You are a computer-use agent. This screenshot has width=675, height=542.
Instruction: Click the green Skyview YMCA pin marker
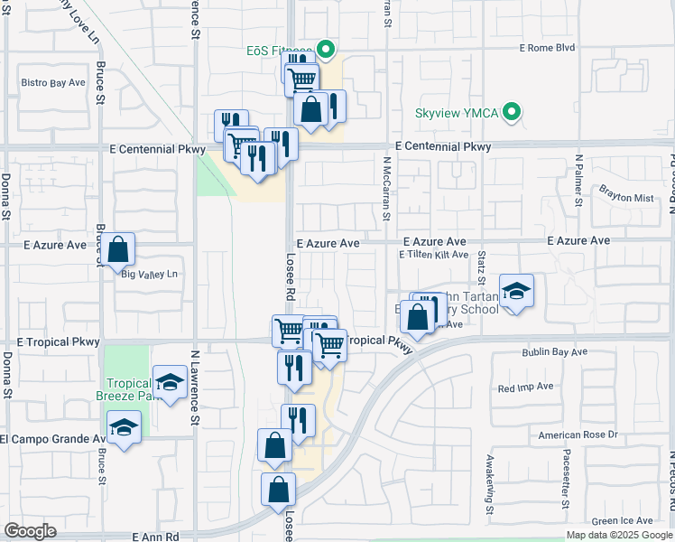click(x=513, y=113)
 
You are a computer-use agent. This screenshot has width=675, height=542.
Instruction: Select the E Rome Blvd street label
click(x=548, y=48)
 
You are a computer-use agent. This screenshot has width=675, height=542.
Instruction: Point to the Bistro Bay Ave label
click(x=53, y=82)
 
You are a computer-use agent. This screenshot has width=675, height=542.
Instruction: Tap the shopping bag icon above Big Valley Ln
click(x=118, y=248)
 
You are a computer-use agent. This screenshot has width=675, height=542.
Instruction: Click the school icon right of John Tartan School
click(x=516, y=291)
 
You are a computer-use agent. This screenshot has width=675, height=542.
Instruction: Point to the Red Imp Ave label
click(x=525, y=387)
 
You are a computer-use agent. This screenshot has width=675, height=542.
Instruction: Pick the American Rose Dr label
click(x=576, y=435)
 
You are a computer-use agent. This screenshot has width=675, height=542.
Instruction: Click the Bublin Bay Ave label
click(x=554, y=351)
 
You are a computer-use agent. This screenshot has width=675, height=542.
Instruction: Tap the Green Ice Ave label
click(x=622, y=520)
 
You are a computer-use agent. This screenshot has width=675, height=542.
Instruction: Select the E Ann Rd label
click(x=156, y=536)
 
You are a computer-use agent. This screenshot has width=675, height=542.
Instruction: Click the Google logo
click(x=30, y=531)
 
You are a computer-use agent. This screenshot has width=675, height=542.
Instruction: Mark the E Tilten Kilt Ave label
click(x=434, y=255)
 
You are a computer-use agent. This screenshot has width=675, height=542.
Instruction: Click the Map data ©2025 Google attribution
click(x=619, y=535)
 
